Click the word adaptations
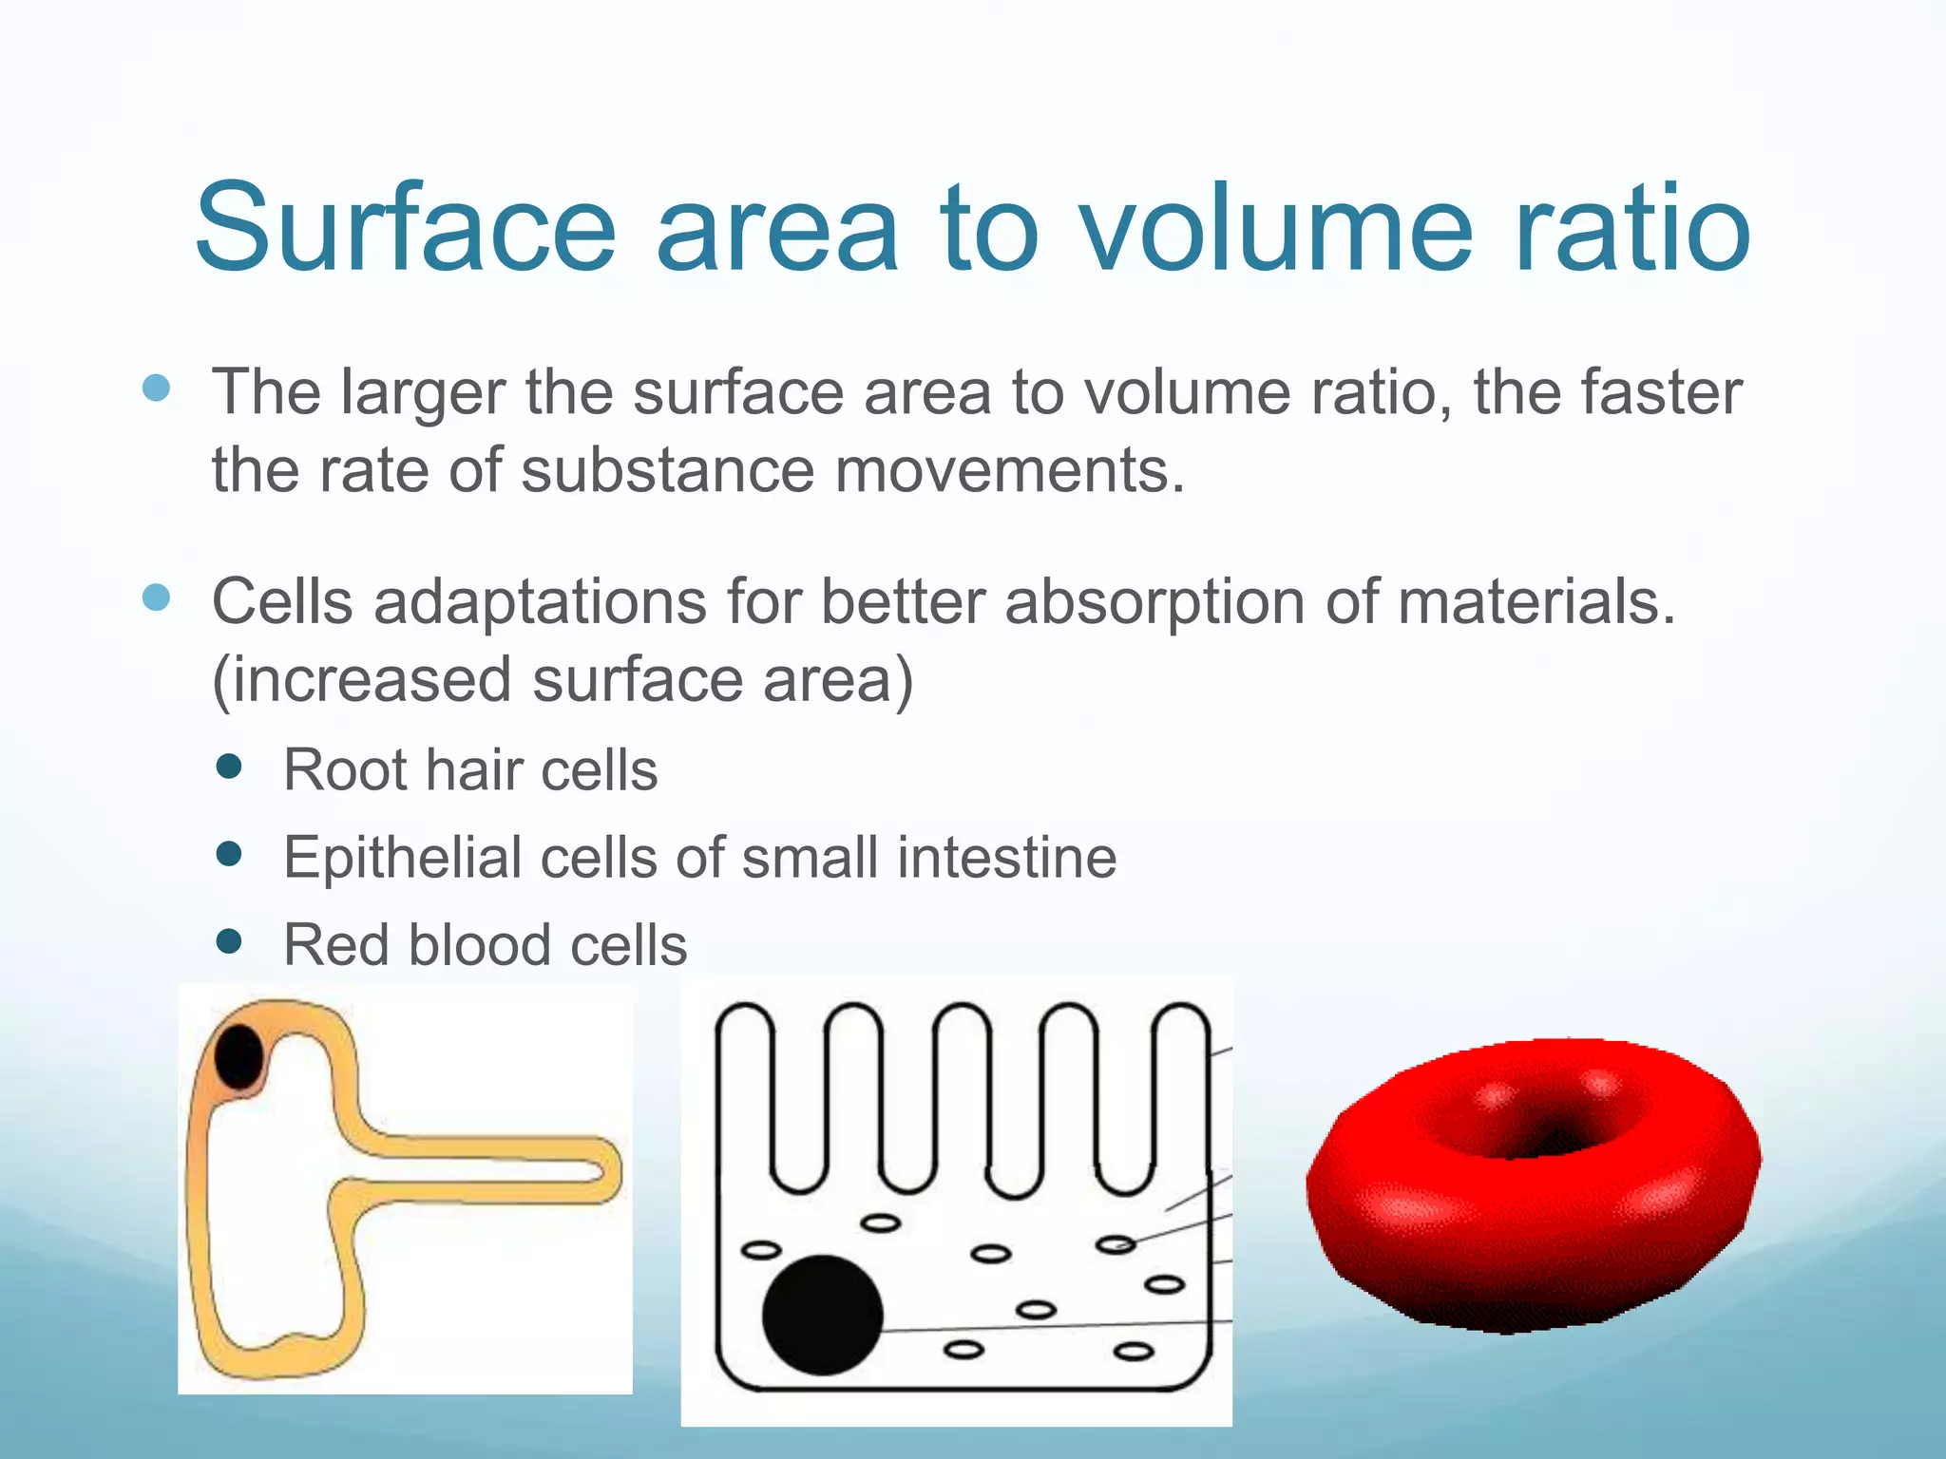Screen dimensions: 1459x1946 tap(540, 602)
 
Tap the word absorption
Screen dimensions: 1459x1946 tap(1154, 602)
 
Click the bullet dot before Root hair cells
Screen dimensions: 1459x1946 tap(229, 766)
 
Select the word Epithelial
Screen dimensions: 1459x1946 tap(403, 857)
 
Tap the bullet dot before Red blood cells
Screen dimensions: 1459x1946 tap(229, 941)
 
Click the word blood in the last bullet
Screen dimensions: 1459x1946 tap(480, 945)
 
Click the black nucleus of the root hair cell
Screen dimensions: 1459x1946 tap(238, 1056)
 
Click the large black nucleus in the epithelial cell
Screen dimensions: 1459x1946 tap(822, 1315)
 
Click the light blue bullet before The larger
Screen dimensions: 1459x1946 tap(156, 388)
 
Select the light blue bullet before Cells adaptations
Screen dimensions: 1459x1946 tap(156, 597)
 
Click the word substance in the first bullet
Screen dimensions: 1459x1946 tap(667, 470)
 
